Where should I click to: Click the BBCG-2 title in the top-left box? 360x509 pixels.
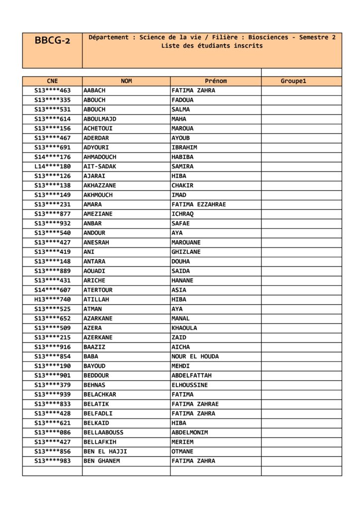pos(52,41)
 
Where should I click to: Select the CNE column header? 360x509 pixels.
pos(52,81)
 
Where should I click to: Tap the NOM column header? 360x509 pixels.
pos(126,81)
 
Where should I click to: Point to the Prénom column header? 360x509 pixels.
pos(215,81)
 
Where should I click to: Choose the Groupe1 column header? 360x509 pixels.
pos(293,81)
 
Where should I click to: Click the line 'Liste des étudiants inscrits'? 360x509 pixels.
pos(212,46)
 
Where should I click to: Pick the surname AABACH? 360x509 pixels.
pos(94,90)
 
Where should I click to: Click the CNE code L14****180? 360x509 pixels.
pos(52,167)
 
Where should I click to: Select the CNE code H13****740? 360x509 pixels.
pos(52,299)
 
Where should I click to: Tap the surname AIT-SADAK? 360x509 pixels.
pos(99,167)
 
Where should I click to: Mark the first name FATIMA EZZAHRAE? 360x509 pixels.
pos(198,204)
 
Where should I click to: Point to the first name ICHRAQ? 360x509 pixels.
pos(182,214)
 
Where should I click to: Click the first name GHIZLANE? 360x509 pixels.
pos(186,252)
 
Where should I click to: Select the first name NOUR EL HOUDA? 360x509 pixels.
pos(195,356)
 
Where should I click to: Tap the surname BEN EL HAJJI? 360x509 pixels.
pos(105,451)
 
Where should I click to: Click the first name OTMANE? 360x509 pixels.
pos(182,451)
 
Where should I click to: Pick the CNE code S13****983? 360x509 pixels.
pos(52,461)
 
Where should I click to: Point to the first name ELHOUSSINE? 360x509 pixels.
pos(189,385)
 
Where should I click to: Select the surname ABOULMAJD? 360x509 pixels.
pos(99,119)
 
